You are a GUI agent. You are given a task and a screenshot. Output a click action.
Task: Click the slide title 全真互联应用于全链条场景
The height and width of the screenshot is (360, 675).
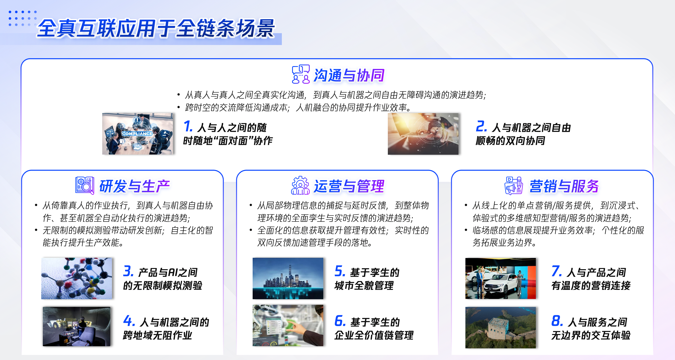[x=156, y=28]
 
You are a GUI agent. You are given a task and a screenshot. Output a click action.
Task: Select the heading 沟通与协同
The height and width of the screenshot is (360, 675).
[x=349, y=75]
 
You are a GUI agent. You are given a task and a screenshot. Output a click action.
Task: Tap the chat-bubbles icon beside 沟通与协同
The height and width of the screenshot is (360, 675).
[x=301, y=74]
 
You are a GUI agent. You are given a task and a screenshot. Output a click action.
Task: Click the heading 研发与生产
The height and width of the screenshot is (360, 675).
[x=135, y=186]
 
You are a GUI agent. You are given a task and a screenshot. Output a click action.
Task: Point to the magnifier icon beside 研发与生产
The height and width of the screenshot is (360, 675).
[x=85, y=186]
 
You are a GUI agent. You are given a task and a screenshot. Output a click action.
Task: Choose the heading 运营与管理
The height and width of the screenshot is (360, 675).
[x=349, y=186]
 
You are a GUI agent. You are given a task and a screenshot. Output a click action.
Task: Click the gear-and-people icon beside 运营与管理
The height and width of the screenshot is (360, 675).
[x=300, y=185]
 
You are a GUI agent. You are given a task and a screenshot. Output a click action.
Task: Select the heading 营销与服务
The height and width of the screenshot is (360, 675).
[x=564, y=186]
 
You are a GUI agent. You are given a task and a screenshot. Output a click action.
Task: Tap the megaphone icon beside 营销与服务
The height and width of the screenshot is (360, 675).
[x=514, y=186]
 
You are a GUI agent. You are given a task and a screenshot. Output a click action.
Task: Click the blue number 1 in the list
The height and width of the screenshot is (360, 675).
[x=188, y=126]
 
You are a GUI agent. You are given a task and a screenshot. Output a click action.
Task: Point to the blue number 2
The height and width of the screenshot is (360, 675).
[x=481, y=126]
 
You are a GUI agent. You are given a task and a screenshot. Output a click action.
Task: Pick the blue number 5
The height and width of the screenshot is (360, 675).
[x=340, y=271]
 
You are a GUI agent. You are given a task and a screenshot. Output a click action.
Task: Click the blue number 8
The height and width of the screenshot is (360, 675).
[x=557, y=321]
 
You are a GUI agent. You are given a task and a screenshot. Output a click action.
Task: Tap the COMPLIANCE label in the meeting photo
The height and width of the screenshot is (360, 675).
[x=137, y=134]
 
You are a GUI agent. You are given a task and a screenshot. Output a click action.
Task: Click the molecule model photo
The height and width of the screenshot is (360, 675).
[x=77, y=278]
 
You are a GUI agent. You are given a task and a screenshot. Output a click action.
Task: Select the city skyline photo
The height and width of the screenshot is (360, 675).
[x=288, y=278]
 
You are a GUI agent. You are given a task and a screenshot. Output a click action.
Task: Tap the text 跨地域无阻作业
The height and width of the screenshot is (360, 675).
[x=157, y=335]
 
